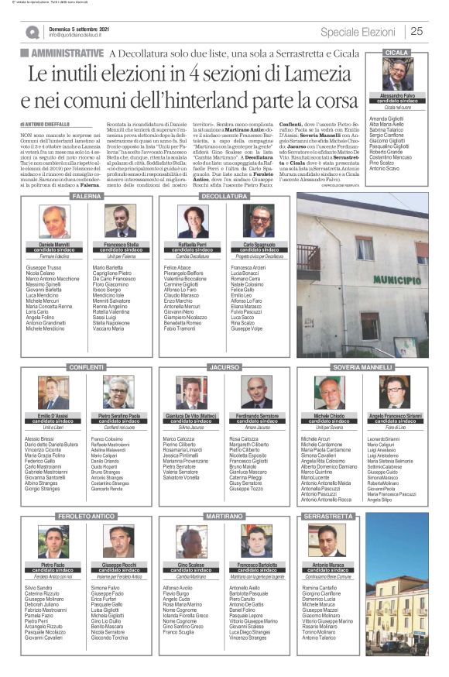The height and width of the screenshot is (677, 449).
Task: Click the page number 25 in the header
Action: (416, 31)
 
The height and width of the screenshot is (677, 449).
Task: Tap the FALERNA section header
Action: (83, 197)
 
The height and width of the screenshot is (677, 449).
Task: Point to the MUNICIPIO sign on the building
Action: (375, 279)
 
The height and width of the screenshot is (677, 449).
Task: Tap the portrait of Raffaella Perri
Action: (192, 222)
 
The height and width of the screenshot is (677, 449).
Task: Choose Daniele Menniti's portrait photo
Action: (55, 222)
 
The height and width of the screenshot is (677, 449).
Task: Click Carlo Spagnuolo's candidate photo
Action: (258, 222)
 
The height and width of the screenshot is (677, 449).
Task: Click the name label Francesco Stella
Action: (121, 244)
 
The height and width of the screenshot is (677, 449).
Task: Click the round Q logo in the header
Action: (32, 32)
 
